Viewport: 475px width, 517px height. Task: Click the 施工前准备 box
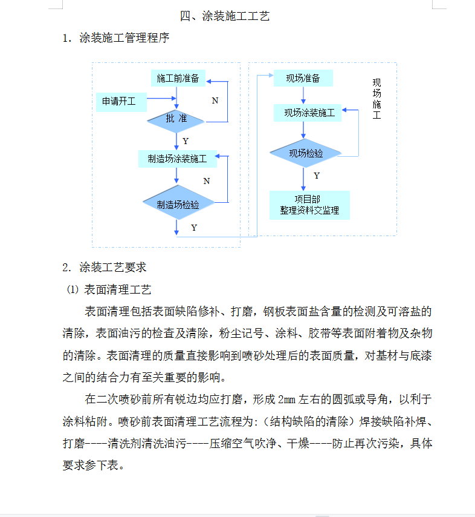[178, 78]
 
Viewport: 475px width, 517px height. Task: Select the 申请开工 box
[121, 102]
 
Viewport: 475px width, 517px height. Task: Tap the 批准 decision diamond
[176, 121]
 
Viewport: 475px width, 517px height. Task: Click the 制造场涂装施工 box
[178, 159]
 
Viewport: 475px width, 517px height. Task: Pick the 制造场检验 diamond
[178, 202]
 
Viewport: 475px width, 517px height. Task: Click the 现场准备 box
[303, 78]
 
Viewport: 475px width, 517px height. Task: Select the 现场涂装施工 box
[308, 113]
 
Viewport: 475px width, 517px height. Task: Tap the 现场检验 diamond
[305, 153]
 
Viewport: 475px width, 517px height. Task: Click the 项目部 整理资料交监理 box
[309, 205]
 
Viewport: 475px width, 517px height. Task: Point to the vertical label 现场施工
[376, 99]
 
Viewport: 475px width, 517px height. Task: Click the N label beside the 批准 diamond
[215, 100]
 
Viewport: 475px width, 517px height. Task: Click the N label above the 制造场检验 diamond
[207, 181]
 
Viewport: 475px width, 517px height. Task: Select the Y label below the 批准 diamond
[186, 141]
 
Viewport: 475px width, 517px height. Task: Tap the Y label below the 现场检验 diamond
[317, 176]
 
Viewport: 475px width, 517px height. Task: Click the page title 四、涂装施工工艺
[225, 16]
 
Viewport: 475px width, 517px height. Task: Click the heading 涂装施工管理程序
[124, 38]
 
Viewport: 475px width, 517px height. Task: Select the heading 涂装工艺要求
[113, 267]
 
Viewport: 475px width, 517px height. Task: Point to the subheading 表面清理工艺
[117, 289]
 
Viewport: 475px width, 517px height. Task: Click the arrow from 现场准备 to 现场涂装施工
[303, 95]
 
